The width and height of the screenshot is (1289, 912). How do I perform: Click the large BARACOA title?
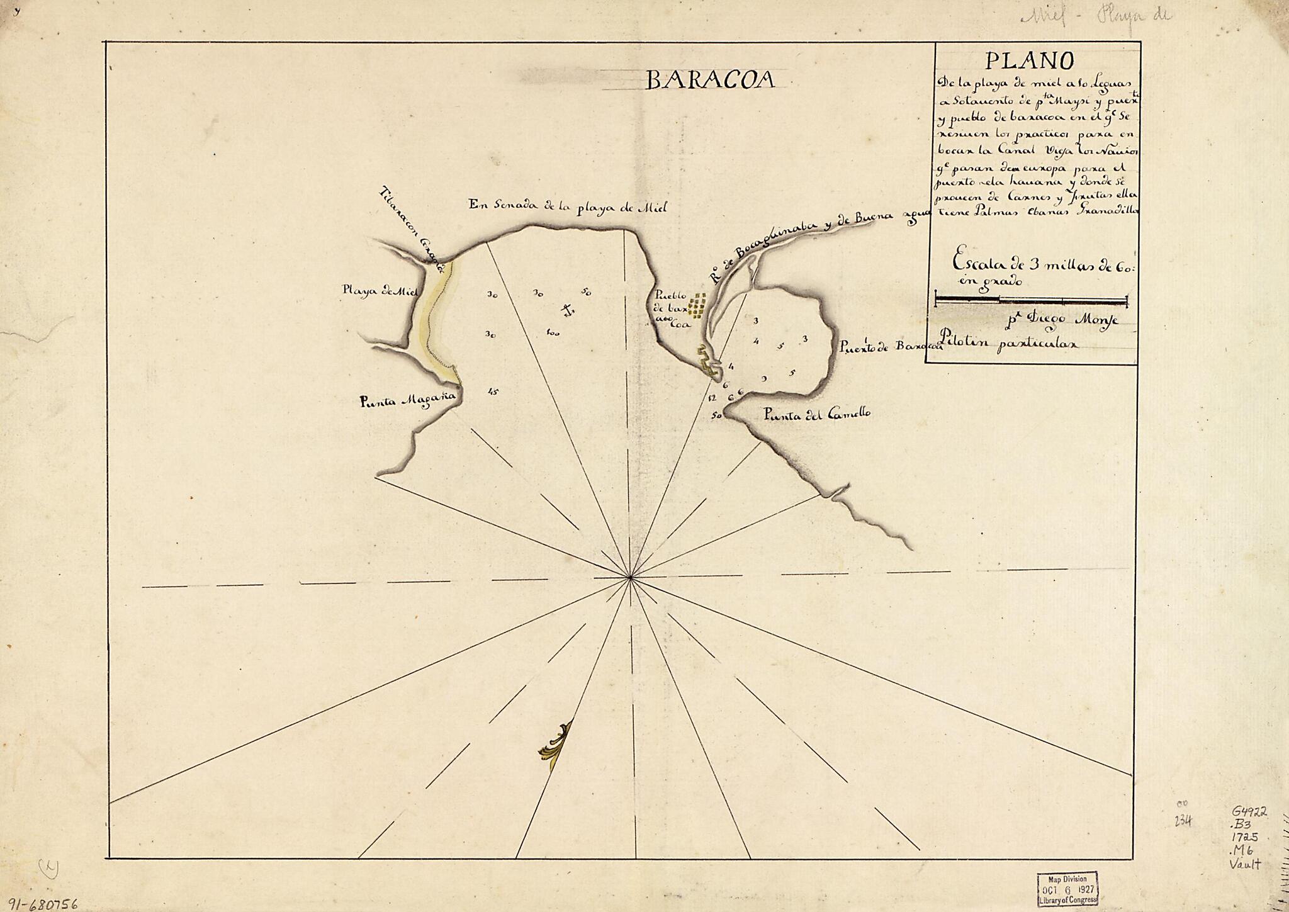click(710, 80)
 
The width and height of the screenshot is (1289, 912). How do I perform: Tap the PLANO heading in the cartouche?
click(1029, 61)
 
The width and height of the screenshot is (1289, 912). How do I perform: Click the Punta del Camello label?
click(816, 414)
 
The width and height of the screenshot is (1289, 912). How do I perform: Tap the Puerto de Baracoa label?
click(889, 346)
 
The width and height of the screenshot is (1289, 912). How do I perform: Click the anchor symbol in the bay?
click(568, 309)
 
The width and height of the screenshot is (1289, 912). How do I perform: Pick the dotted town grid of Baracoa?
click(697, 305)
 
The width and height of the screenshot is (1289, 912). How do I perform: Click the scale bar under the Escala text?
click(1031, 300)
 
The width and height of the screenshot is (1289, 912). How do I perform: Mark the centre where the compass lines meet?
click(630, 577)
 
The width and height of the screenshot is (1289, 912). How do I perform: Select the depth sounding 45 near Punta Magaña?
click(493, 391)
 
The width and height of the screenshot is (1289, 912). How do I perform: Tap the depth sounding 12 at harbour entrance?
click(712, 398)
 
